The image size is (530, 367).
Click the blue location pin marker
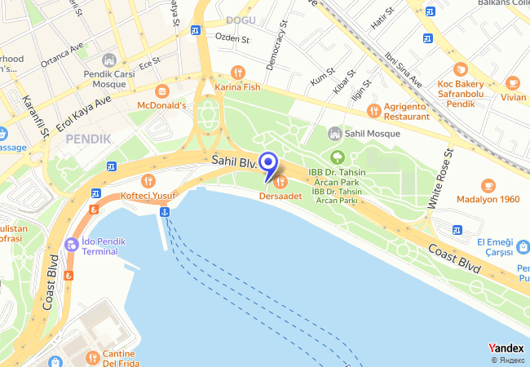pos(268,161)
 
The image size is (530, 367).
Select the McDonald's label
pos(161,105)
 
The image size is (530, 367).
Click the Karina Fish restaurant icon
pos(237,72)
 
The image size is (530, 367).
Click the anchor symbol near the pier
pos(164,212)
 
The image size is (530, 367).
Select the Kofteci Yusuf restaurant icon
pos(148,180)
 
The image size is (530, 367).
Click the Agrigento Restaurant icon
pos(373,110)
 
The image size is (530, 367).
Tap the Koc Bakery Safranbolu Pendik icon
pos(461,69)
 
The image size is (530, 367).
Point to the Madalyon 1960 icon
pos(488,185)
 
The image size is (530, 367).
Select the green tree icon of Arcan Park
pos(336,157)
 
